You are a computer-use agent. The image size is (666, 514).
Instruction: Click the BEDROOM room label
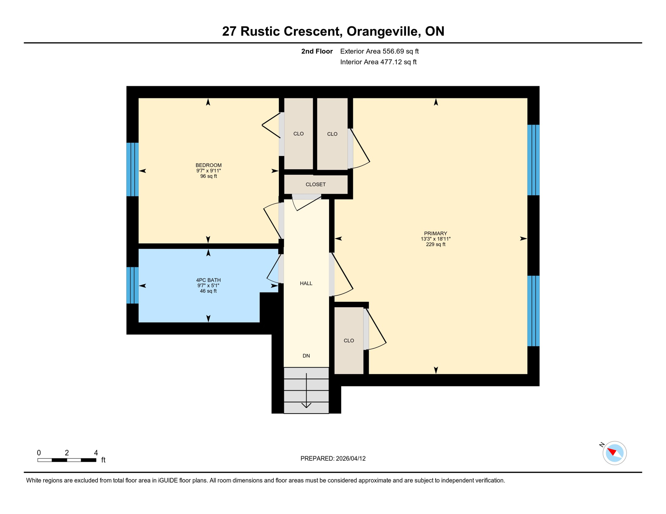pos(208,165)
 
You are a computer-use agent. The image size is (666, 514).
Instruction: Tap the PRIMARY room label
pos(435,233)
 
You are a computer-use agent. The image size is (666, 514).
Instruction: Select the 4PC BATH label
pos(208,280)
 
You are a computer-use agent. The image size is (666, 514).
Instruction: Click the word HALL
pos(306,283)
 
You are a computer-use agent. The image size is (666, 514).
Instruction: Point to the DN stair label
pos(306,356)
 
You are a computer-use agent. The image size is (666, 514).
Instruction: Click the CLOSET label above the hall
pos(315,184)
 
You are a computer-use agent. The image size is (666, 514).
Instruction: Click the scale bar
pos(67,460)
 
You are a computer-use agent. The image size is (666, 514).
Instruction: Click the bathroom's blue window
pos(132,285)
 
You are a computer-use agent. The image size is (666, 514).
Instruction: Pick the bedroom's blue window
pos(132,169)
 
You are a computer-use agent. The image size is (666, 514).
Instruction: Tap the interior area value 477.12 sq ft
pos(398,62)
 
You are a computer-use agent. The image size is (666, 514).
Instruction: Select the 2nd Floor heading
pos(317,51)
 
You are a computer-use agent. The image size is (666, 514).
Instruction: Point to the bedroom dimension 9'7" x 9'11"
pos(208,171)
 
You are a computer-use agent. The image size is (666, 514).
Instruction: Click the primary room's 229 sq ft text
pos(435,244)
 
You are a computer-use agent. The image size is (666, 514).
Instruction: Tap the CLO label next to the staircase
pos(348,340)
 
